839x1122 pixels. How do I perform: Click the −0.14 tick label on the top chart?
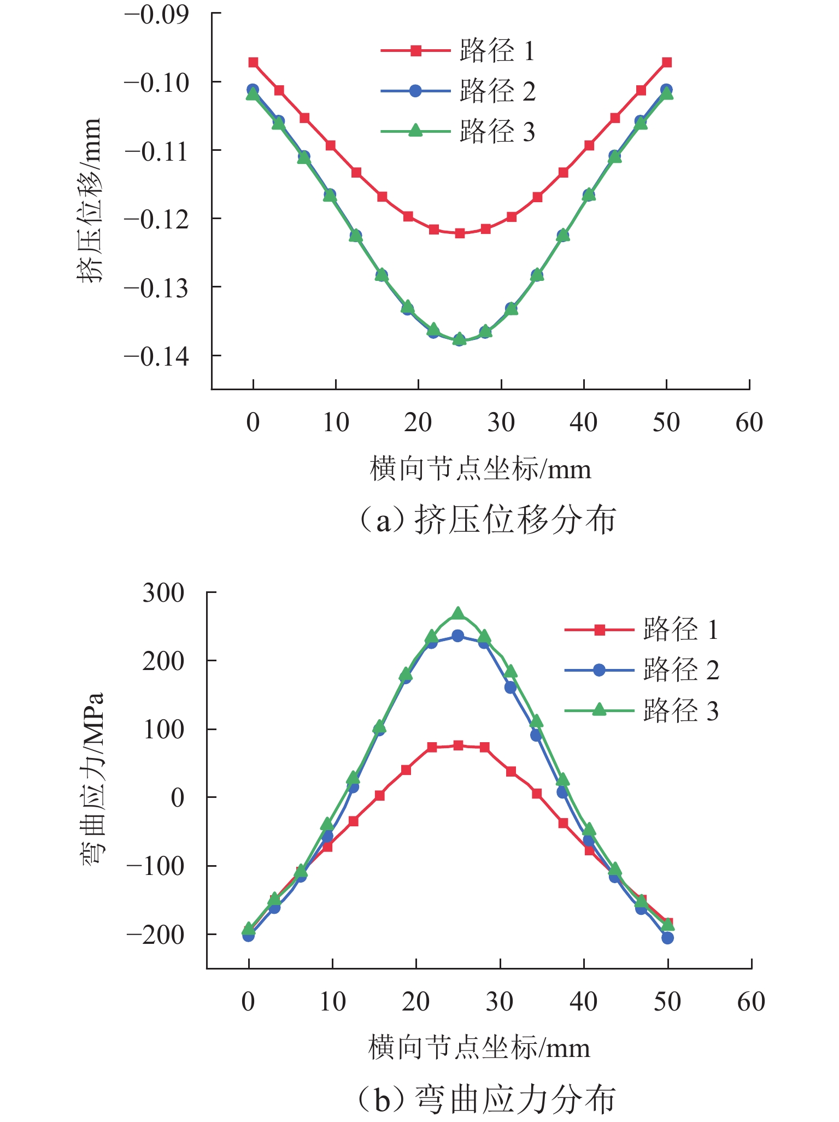point(157,357)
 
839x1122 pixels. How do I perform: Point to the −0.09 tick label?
point(157,15)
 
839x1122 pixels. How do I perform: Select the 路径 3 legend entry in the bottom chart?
point(642,710)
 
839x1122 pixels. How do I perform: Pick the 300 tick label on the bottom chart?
point(163,592)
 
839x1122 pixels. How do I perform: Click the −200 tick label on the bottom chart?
point(156,934)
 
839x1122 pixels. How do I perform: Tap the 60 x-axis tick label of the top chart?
point(749,422)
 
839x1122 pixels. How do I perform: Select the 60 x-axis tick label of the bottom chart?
point(751,1002)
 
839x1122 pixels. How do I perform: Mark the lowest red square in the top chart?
point(460,233)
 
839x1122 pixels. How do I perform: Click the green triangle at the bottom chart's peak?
point(458,614)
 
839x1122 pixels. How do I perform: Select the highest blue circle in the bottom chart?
point(458,636)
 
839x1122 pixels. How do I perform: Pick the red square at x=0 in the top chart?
point(253,62)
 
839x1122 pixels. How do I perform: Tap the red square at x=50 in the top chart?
point(667,62)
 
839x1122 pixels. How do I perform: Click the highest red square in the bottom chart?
point(458,745)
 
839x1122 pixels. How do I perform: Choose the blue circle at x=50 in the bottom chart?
point(667,938)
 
